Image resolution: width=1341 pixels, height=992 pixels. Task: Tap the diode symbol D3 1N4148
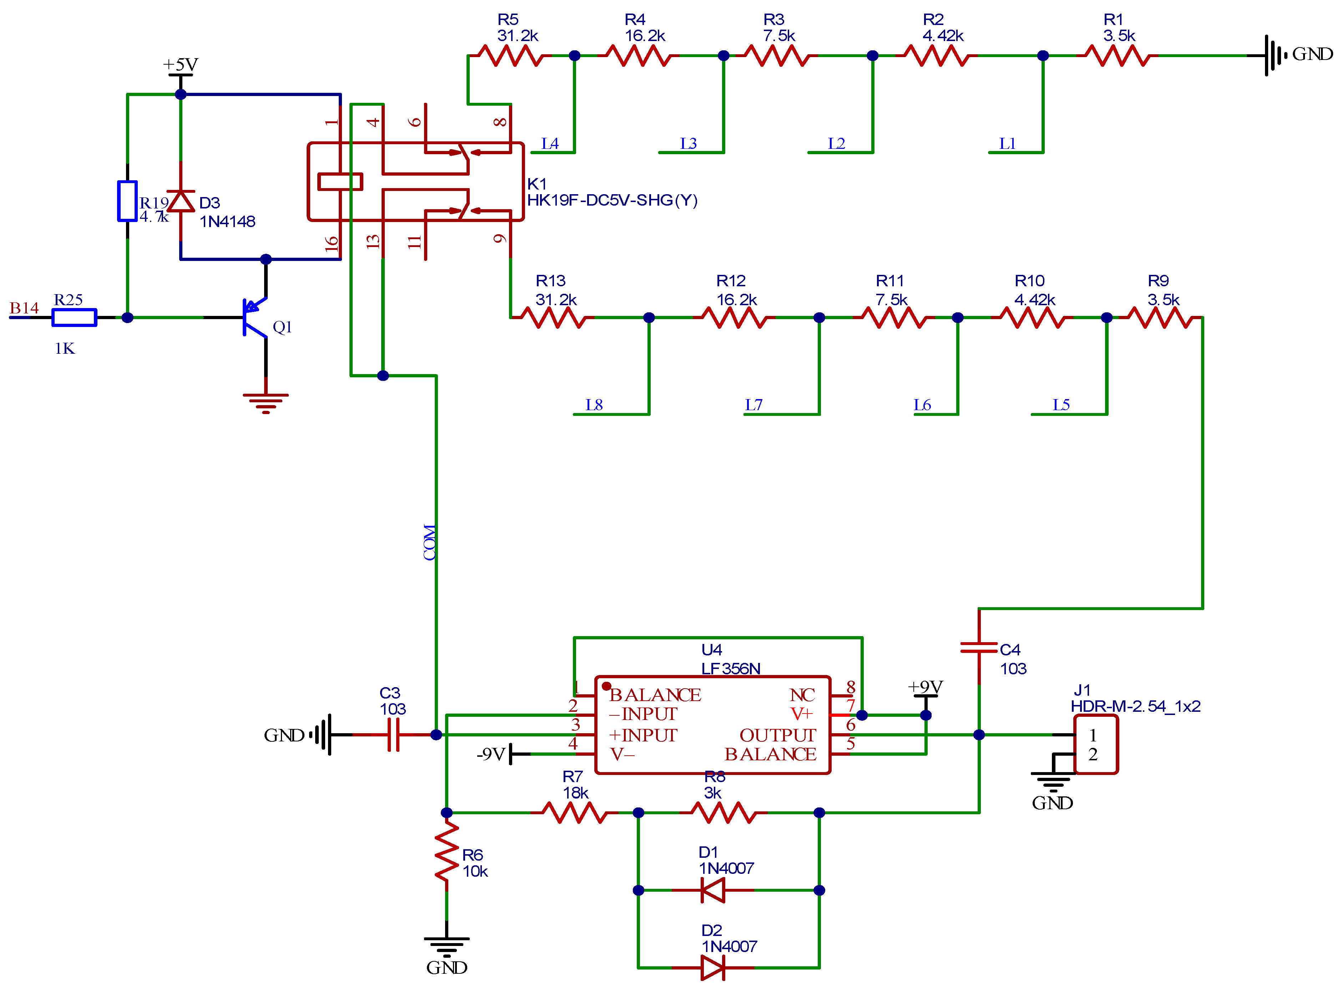[181, 201]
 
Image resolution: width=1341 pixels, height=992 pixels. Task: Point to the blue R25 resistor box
[75, 317]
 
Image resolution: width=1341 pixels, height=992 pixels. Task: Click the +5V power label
[180, 64]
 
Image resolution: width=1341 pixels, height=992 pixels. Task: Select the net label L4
[550, 143]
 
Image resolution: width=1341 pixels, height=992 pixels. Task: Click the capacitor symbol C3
[393, 734]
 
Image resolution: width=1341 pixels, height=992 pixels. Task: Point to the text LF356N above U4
[731, 668]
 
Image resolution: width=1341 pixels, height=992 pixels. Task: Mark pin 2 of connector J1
[1093, 754]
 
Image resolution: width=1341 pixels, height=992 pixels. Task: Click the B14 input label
[24, 308]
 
